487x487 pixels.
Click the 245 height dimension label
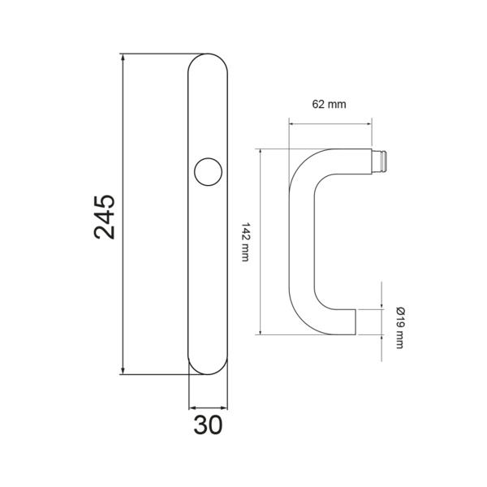105,217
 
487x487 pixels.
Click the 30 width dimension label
208,425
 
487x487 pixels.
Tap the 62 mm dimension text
329,105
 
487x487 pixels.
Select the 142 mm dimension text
245,242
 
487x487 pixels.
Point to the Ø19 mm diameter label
400,328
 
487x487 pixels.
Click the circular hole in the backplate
208,172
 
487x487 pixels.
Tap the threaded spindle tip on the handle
379,162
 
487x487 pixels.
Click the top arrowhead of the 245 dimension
123,58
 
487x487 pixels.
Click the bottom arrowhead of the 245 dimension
123,371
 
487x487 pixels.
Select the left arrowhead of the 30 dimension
193,407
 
